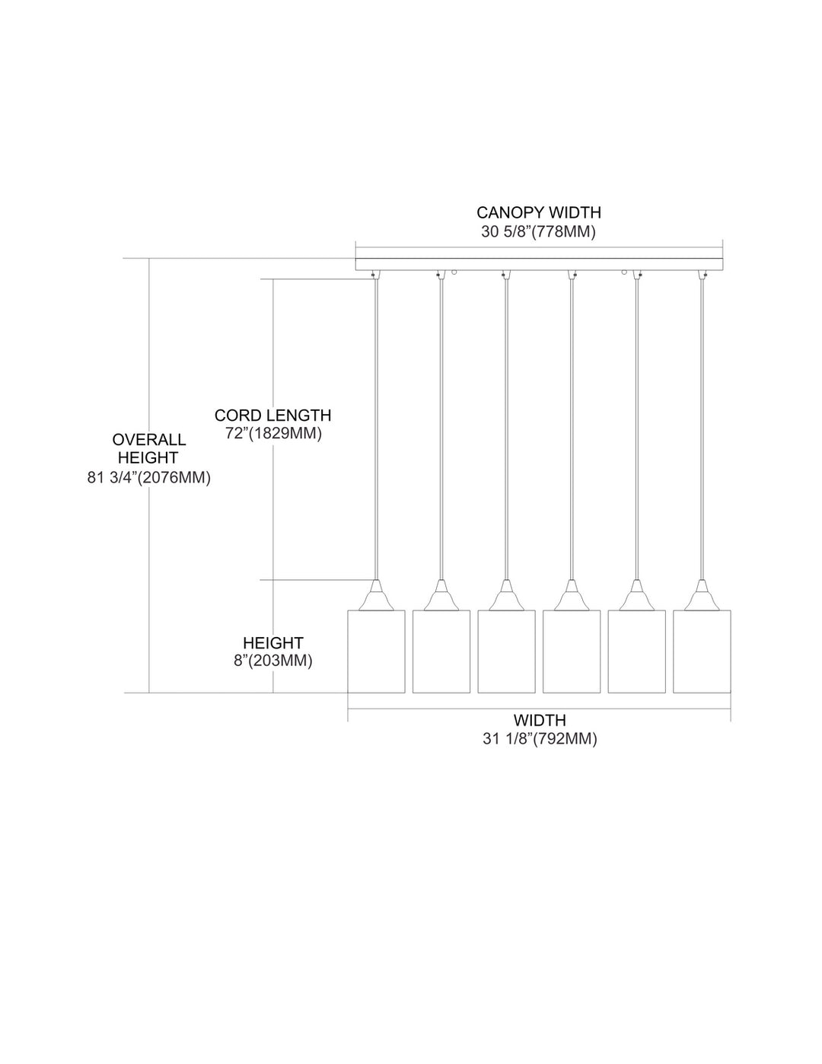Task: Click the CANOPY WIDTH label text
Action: [539, 212]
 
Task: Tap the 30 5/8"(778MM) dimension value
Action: [539, 231]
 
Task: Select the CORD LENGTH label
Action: [272, 416]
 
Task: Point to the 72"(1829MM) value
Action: [274, 434]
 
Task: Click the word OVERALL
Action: [149, 439]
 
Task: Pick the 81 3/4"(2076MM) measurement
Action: [149, 477]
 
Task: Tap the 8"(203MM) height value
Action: [273, 661]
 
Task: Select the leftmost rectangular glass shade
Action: [376, 651]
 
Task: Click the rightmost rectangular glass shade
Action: [702, 651]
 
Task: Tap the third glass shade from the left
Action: [506, 651]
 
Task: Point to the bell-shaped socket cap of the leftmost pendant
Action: [376, 595]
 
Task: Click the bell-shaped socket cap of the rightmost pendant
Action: [702, 595]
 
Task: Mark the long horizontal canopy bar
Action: [539, 264]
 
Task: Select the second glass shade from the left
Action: [441, 651]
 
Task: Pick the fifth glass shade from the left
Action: [636, 651]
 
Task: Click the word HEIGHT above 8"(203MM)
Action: [273, 643]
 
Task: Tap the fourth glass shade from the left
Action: [572, 651]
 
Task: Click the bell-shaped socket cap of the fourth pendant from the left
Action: [572, 595]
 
